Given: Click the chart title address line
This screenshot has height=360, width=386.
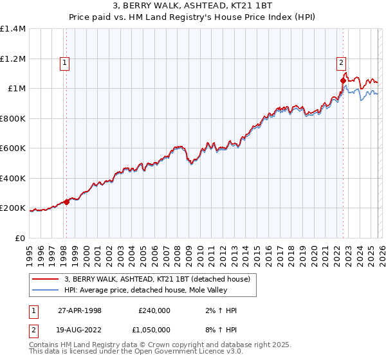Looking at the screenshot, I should pyautogui.click(x=193, y=6).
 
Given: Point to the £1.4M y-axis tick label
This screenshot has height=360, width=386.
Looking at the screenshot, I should pyautogui.click(x=13, y=29).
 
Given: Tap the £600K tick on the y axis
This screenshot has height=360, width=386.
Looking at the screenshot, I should pyautogui.click(x=13, y=148).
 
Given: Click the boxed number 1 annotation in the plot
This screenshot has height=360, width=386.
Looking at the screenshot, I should pyautogui.click(x=66, y=63).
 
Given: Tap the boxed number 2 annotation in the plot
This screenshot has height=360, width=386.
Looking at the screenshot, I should pyautogui.click(x=340, y=63).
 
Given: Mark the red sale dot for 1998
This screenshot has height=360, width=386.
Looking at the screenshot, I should pyautogui.click(x=66, y=202).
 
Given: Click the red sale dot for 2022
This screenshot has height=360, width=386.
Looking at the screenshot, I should pyautogui.click(x=342, y=81).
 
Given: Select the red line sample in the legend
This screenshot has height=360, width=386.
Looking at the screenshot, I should pyautogui.click(x=46, y=278).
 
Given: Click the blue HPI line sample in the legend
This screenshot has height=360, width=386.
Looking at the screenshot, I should pyautogui.click(x=46, y=290).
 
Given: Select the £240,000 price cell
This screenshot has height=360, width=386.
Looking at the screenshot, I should pyautogui.click(x=154, y=310).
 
